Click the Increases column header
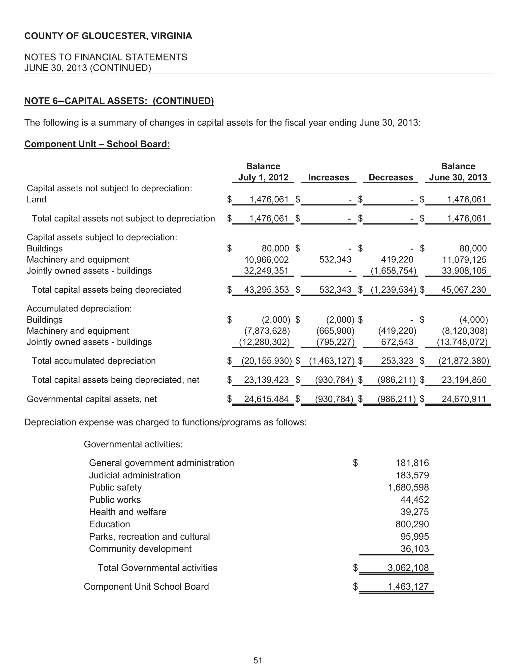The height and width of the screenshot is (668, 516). (328, 177)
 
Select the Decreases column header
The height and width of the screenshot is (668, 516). (391, 177)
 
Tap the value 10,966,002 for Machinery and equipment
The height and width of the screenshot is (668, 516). (266, 260)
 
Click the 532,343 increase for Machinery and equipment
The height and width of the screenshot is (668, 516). (335, 260)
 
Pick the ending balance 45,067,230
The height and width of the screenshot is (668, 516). (463, 290)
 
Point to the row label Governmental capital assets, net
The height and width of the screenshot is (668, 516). (92, 399)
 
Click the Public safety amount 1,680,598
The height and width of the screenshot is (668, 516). (408, 487)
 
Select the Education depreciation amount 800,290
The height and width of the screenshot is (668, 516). (412, 524)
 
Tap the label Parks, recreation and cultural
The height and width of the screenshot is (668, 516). (149, 536)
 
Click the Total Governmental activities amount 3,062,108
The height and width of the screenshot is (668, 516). (408, 568)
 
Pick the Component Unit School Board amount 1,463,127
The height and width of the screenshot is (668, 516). (408, 586)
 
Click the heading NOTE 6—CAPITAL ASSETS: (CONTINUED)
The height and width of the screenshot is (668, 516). (119, 101)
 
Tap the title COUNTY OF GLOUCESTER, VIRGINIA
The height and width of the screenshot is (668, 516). (108, 36)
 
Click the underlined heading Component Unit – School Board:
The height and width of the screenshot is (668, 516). (97, 144)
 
